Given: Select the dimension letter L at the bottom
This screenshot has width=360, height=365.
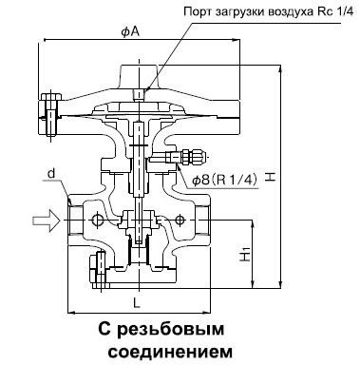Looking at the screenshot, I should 137,302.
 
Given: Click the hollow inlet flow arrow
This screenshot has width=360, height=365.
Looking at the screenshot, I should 44,221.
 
